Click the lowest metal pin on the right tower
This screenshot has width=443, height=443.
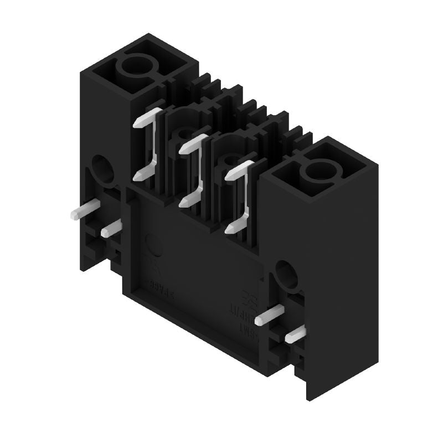(295, 333)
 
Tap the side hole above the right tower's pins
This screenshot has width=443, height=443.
(286, 272)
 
